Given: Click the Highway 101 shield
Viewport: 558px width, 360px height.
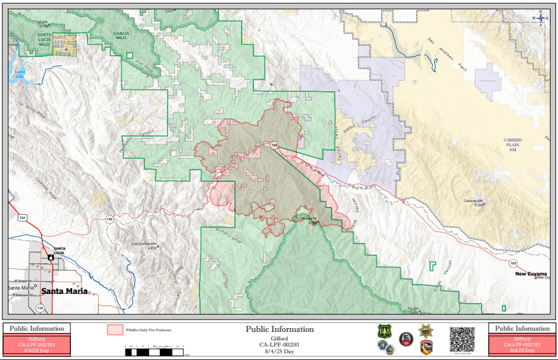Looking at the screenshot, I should [x=23, y=217].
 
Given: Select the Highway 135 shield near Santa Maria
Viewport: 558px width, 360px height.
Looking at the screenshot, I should [x=40, y=307].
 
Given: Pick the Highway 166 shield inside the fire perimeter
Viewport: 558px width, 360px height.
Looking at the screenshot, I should [x=275, y=145].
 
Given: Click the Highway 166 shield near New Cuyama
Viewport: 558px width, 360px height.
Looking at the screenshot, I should [x=513, y=263].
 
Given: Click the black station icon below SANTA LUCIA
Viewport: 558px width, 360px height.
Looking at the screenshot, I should [x=51, y=258].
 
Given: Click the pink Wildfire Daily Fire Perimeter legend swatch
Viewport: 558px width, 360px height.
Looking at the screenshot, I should [x=115, y=330].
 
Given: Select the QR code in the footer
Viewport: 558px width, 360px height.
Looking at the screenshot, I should [x=462, y=339].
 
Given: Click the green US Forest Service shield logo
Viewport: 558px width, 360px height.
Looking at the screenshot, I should [x=384, y=332].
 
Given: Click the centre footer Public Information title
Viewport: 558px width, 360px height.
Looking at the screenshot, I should [x=280, y=329].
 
